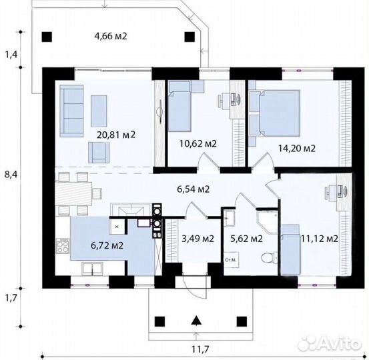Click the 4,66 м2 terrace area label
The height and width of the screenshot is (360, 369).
point(111,37)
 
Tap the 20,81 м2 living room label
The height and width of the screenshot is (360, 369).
point(116,135)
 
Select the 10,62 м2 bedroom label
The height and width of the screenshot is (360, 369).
point(198,143)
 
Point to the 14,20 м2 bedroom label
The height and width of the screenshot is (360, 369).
point(297,149)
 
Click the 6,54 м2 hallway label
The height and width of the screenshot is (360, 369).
point(194,189)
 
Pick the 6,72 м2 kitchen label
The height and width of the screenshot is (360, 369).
point(107,246)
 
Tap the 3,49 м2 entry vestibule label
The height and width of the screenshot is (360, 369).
point(198,239)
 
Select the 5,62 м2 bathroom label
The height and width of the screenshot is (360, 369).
point(246,239)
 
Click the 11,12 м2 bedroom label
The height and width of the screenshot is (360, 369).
point(320,239)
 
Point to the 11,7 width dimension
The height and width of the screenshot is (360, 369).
point(200,349)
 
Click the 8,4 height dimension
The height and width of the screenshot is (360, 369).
point(11,175)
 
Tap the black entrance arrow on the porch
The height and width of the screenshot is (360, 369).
point(196,321)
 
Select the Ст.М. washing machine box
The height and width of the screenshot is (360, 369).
point(231,260)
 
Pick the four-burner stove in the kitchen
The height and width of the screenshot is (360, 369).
point(63,246)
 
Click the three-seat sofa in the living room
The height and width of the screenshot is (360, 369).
point(71,111)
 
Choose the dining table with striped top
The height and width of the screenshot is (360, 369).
point(73,193)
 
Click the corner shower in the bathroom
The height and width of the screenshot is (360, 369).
point(268,222)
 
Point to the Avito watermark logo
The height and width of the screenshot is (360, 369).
point(330,343)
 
